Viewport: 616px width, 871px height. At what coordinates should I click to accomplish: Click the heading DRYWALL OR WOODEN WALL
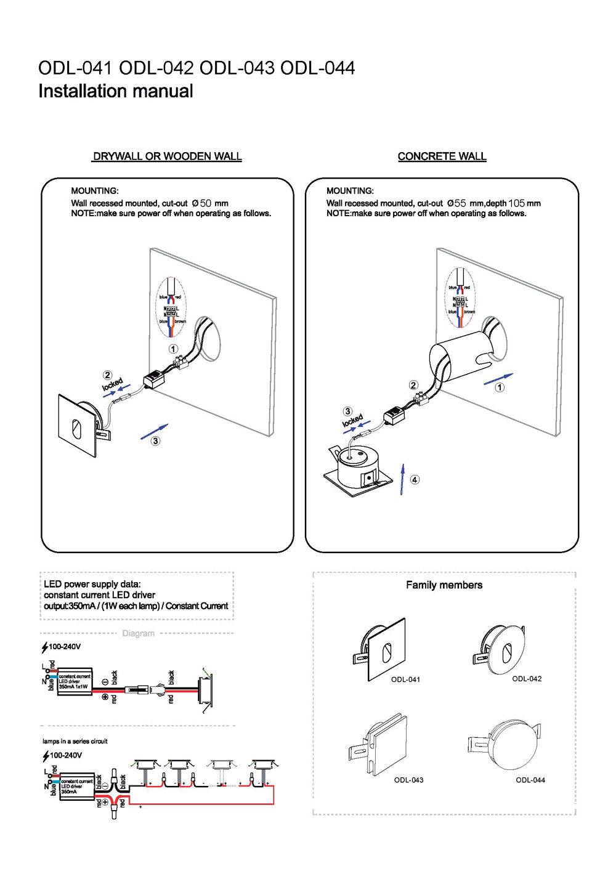(166, 156)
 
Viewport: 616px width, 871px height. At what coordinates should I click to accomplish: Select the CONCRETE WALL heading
(442, 156)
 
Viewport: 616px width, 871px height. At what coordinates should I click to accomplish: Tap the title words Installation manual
(116, 91)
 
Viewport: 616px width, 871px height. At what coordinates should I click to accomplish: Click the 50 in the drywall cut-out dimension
(206, 203)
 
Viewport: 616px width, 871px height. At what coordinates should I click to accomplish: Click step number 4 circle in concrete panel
(415, 479)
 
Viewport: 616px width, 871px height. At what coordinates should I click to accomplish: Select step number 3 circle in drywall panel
(156, 441)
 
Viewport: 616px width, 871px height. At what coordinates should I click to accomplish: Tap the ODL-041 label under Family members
(405, 679)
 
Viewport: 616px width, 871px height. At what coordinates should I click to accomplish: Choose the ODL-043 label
(408, 780)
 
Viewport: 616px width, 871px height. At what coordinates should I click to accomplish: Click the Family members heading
(444, 585)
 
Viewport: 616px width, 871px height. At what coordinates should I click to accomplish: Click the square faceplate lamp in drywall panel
(77, 426)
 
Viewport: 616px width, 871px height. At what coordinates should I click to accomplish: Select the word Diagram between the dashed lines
(139, 633)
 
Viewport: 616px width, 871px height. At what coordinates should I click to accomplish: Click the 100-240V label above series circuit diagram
(65, 755)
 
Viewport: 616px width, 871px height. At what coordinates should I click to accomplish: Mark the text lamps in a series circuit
(75, 741)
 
